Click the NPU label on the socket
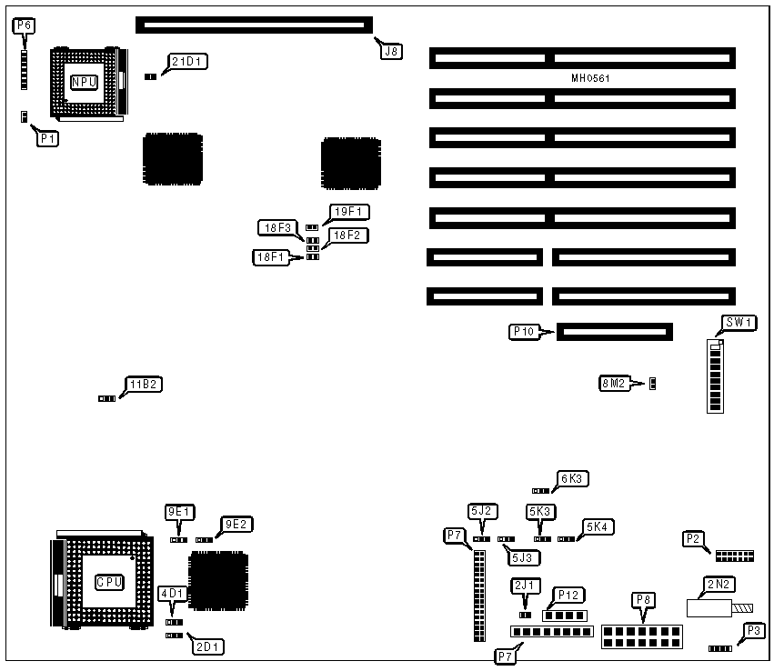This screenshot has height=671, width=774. (x=85, y=82)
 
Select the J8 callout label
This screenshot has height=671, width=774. (x=391, y=52)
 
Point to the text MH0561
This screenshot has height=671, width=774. (x=590, y=78)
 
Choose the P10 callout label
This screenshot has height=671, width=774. (x=524, y=332)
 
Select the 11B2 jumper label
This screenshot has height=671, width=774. (x=145, y=385)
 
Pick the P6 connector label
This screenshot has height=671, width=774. (x=25, y=25)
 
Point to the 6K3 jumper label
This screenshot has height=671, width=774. (x=575, y=478)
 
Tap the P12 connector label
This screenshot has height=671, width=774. (x=569, y=595)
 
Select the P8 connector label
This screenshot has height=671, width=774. (x=643, y=599)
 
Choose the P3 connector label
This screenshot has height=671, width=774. (x=753, y=630)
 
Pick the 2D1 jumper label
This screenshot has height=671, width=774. (x=206, y=647)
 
